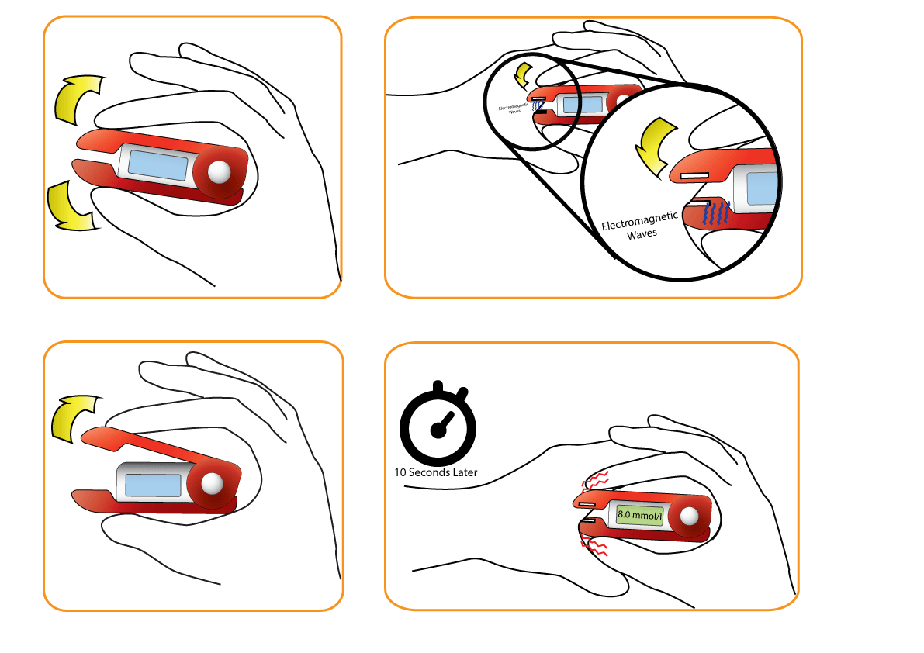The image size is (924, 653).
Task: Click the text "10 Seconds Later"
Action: [436, 472]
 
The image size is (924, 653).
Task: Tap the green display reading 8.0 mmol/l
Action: [640, 514]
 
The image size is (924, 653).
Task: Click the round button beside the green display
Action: [688, 517]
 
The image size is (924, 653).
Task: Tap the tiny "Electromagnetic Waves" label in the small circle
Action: [514, 109]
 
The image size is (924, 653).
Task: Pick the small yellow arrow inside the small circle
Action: [524, 74]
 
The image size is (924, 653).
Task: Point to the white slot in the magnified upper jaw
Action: [696, 177]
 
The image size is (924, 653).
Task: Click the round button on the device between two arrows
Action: [220, 172]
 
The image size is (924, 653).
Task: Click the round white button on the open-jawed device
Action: [211, 483]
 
